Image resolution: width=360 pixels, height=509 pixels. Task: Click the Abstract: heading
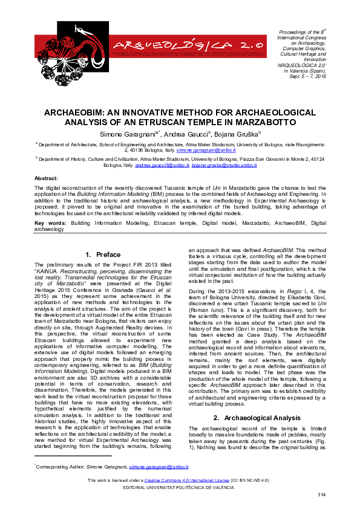[46, 179]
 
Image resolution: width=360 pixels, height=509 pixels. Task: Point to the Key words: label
[50, 223]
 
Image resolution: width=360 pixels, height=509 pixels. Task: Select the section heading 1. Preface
[103, 254]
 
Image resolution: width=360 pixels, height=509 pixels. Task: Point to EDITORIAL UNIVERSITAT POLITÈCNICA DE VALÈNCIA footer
[180, 487]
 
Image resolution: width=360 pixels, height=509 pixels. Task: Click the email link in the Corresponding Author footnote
[159, 467]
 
